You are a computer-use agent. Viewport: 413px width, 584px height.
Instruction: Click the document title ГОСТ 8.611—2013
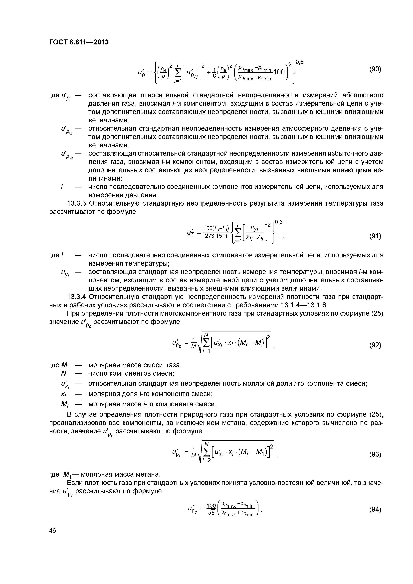(x=79, y=42)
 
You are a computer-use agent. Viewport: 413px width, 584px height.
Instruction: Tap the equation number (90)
(x=375, y=69)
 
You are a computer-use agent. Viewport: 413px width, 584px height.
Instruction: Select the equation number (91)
(x=375, y=236)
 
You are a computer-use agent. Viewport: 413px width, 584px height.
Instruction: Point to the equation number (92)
(x=375, y=345)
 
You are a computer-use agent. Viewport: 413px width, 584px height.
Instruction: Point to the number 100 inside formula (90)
(x=279, y=72)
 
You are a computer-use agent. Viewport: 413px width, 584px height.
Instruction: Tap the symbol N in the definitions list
(x=64, y=373)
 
